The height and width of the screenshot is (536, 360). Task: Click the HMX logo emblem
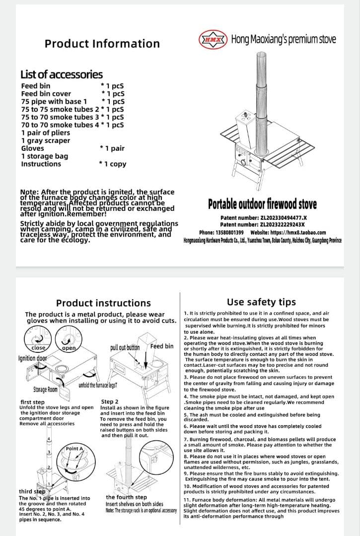[x=213, y=39]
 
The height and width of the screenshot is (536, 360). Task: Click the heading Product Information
[x=102, y=44]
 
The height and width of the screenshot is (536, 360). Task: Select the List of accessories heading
[x=62, y=74]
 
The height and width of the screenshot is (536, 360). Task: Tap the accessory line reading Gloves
[x=33, y=148]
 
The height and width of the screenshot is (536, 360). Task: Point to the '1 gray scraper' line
[x=46, y=140]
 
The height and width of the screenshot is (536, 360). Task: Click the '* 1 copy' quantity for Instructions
[x=113, y=164]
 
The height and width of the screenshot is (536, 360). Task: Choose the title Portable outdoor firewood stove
[x=263, y=204]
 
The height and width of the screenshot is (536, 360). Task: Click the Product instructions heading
[x=103, y=303]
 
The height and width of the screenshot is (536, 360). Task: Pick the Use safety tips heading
[x=261, y=302]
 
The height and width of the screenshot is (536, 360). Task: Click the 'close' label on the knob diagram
[x=38, y=348]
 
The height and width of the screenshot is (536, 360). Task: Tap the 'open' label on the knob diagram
[x=69, y=348]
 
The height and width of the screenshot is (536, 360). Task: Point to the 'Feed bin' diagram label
[x=162, y=346]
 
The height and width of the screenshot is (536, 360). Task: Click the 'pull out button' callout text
[x=125, y=347]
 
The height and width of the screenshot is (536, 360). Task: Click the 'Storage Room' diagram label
[x=45, y=390]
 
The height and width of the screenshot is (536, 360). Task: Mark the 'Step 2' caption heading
[x=110, y=402]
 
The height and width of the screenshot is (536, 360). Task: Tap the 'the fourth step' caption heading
[x=126, y=497]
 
